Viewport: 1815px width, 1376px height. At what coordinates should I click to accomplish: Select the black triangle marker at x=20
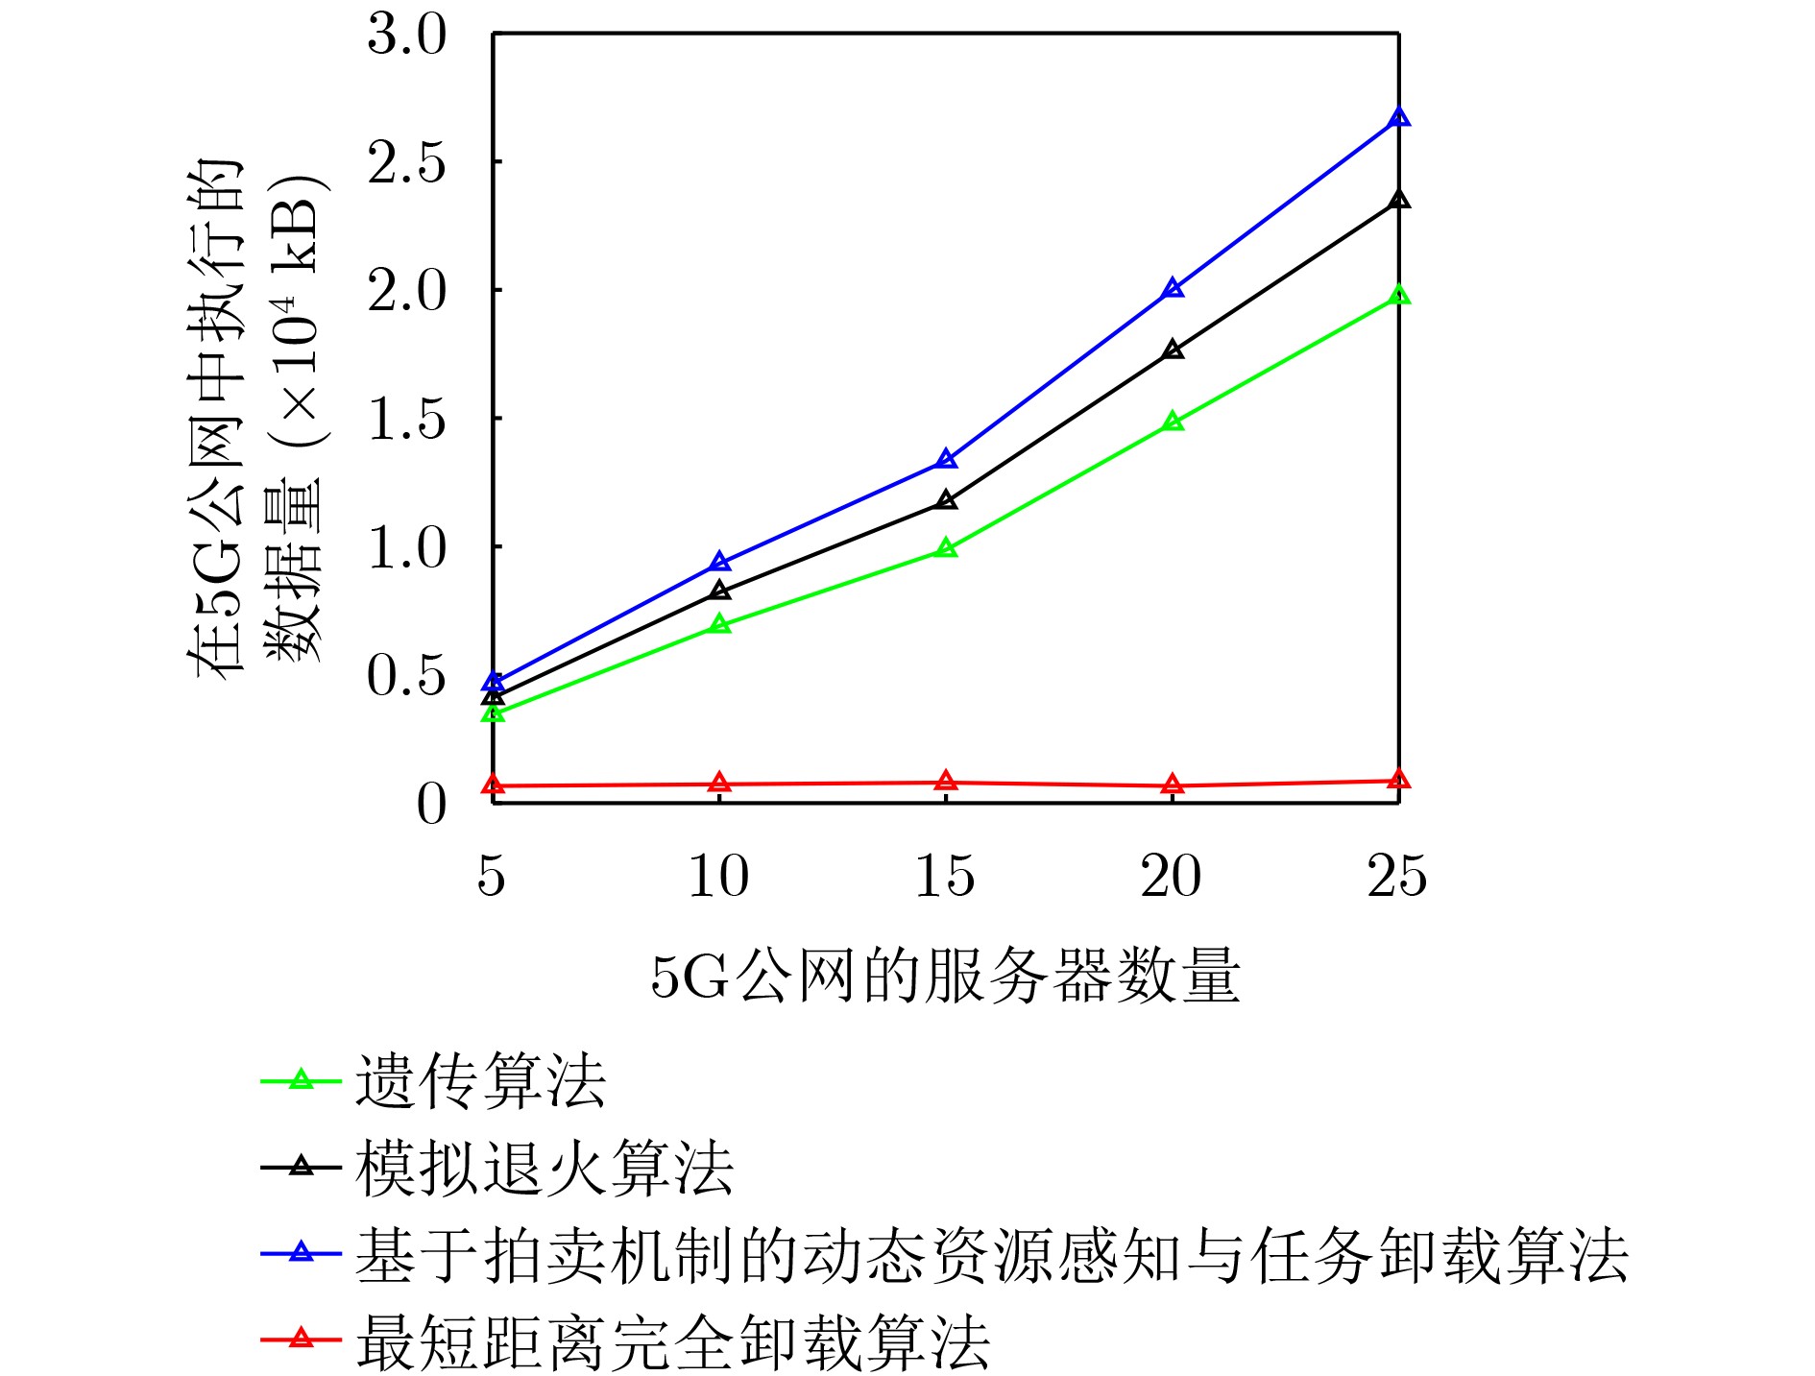click(x=1173, y=350)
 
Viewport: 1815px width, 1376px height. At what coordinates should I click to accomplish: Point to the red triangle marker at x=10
click(x=719, y=784)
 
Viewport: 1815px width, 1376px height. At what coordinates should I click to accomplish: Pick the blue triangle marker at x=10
click(x=719, y=563)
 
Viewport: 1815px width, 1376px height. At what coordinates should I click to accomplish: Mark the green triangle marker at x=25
click(x=1399, y=296)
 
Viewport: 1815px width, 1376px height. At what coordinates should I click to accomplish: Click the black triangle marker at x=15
click(x=946, y=500)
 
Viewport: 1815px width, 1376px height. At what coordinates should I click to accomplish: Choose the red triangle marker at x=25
click(x=1399, y=780)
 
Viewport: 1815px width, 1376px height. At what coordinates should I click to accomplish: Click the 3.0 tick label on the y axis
click(x=407, y=36)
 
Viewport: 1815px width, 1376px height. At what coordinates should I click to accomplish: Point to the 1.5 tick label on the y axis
click(x=407, y=420)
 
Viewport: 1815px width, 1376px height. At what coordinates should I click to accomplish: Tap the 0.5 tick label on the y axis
click(x=407, y=676)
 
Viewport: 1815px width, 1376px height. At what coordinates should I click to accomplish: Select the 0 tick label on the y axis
click(x=431, y=804)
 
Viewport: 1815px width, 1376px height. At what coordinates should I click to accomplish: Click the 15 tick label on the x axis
click(x=945, y=876)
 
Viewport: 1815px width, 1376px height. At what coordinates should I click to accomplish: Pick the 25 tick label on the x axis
click(x=1397, y=876)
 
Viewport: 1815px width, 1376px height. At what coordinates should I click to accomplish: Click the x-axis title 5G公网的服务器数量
click(x=945, y=977)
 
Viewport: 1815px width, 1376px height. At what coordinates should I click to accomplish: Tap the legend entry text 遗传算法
click(x=480, y=1081)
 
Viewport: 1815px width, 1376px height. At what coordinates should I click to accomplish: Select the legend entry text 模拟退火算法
click(x=544, y=1168)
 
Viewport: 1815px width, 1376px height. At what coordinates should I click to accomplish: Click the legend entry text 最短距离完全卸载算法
click(x=672, y=1341)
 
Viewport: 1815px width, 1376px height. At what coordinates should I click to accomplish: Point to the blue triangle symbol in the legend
click(x=302, y=1253)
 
